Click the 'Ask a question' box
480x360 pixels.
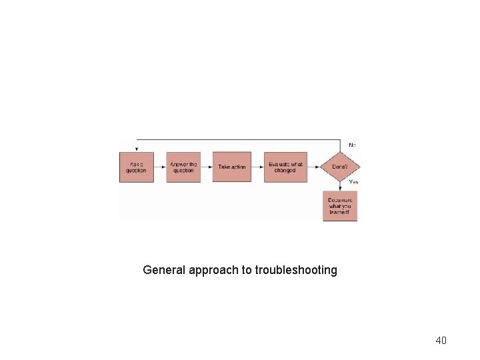(136, 167)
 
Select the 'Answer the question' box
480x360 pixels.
(183, 167)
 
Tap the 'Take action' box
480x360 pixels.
(232, 167)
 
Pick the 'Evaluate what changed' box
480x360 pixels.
(285, 167)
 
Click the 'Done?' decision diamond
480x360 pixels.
(340, 167)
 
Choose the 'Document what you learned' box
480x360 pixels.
(340, 206)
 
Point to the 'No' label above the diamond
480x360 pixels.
(352, 144)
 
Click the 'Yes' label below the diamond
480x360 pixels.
(353, 182)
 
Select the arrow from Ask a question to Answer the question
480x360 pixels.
(160, 167)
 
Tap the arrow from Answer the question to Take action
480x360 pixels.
(207, 167)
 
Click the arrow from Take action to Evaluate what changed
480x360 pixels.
(257, 167)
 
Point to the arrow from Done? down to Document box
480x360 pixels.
(340, 187)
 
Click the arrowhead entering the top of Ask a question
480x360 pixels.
(136, 149)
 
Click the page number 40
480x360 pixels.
(441, 341)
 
